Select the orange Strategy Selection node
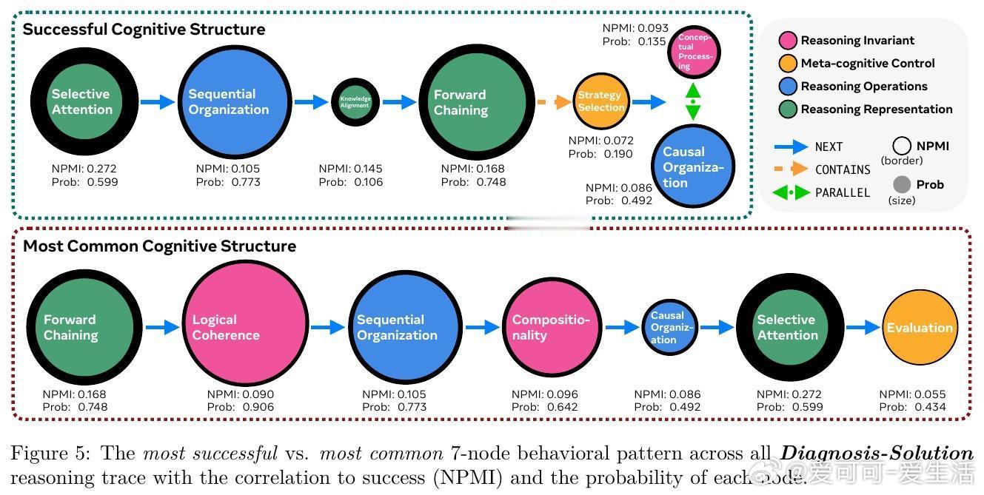click(x=600, y=101)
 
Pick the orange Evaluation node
click(x=920, y=328)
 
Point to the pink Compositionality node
click(x=552, y=326)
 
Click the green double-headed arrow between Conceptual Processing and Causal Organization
click(x=693, y=101)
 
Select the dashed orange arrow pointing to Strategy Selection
click(x=552, y=102)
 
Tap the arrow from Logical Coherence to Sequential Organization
click(x=328, y=326)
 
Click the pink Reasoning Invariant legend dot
click(x=788, y=41)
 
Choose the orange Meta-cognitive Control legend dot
click(x=788, y=64)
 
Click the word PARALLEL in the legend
click(x=843, y=192)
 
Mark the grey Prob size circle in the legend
click(x=902, y=185)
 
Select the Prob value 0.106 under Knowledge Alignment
click(x=368, y=182)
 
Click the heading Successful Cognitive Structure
click(x=144, y=30)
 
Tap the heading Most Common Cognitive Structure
click(x=159, y=246)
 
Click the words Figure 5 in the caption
click(x=47, y=453)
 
